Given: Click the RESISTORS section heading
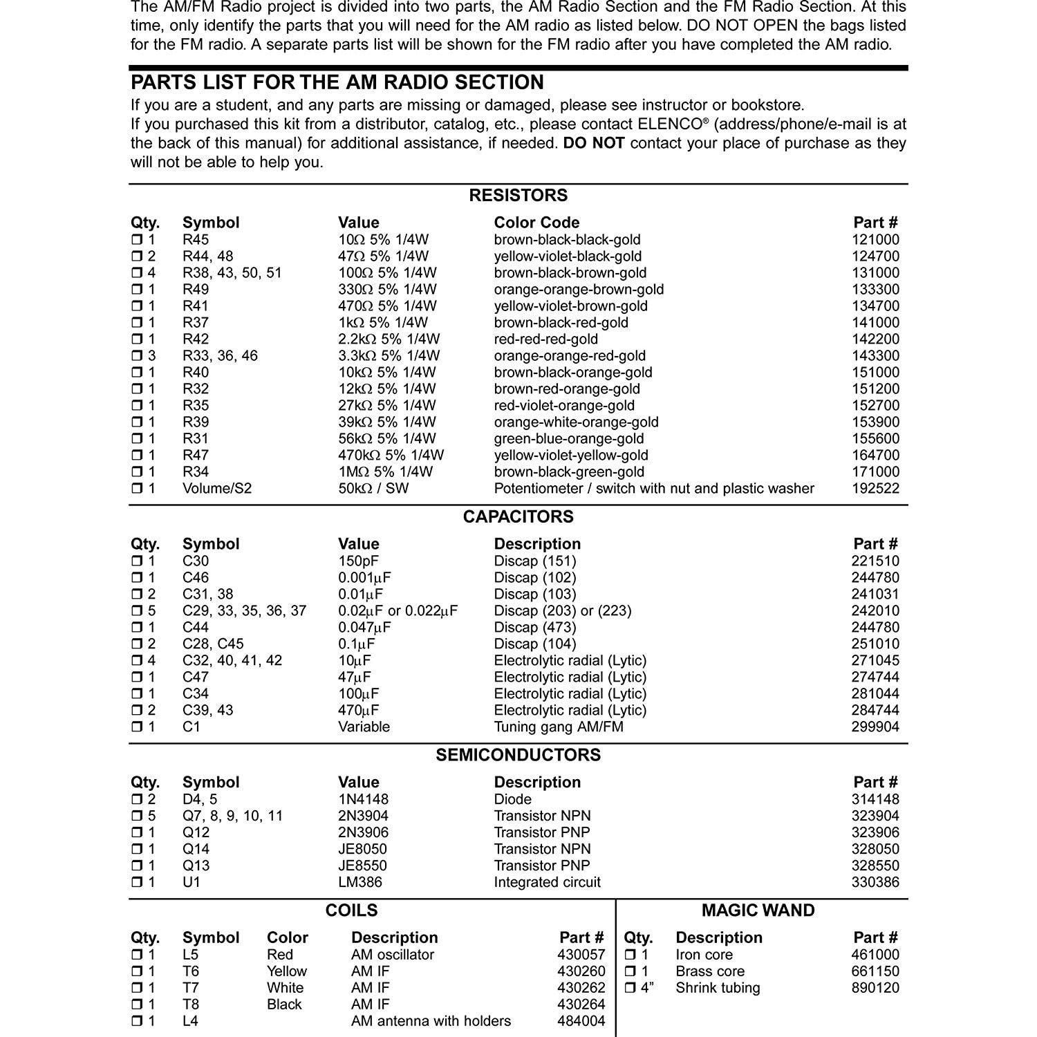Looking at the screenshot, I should pyautogui.click(x=518, y=195).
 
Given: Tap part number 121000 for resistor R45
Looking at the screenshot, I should pyautogui.click(x=875, y=240).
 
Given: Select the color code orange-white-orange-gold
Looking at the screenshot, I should pyautogui.click(x=576, y=422).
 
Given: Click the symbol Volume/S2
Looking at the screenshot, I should pyautogui.click(x=217, y=489).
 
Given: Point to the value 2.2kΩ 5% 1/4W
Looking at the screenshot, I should pyautogui.click(x=389, y=339).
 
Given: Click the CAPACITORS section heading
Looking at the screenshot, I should pyautogui.click(x=518, y=516).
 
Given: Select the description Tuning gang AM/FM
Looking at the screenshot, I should pyautogui.click(x=559, y=727).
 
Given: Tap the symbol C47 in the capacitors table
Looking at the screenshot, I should pyautogui.click(x=196, y=678).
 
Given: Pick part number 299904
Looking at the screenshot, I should pyautogui.click(x=875, y=727).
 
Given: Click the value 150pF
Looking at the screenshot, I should pyautogui.click(x=358, y=561).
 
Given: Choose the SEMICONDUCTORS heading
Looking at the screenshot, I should pyautogui.click(x=518, y=755).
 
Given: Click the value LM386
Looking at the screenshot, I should pyautogui.click(x=359, y=883).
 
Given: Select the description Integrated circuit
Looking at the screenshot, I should pyautogui.click(x=547, y=883).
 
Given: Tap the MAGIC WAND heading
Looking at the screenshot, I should pyautogui.click(x=758, y=910).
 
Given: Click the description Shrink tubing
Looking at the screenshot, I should pyautogui.click(x=718, y=988).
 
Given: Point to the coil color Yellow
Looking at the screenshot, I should pyautogui.click(x=287, y=971).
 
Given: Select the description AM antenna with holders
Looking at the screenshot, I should pyautogui.click(x=431, y=1021).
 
